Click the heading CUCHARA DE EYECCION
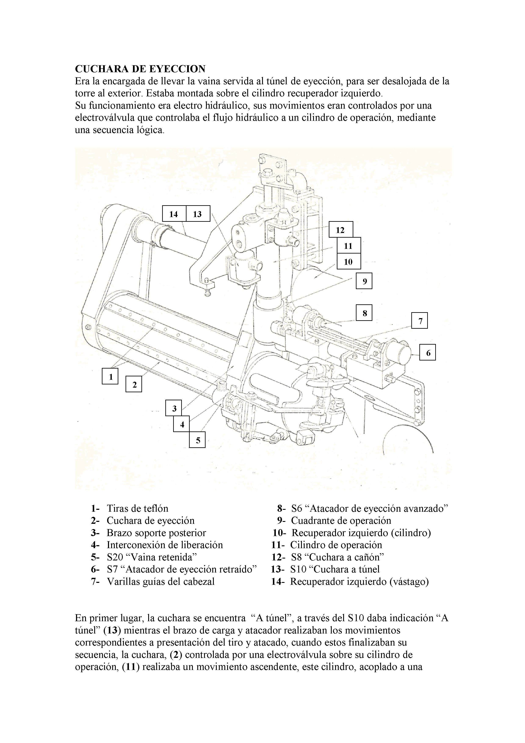point(140,69)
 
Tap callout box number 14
point(174,214)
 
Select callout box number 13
point(198,214)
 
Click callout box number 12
point(340,230)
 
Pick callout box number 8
point(364,313)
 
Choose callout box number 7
point(420,321)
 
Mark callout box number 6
point(428,352)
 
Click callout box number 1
point(110,376)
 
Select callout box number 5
point(197,440)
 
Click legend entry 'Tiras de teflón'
point(137,508)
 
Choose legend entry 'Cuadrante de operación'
point(341,520)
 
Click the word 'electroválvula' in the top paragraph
point(105,118)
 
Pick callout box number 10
point(348,262)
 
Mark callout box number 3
point(174,408)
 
